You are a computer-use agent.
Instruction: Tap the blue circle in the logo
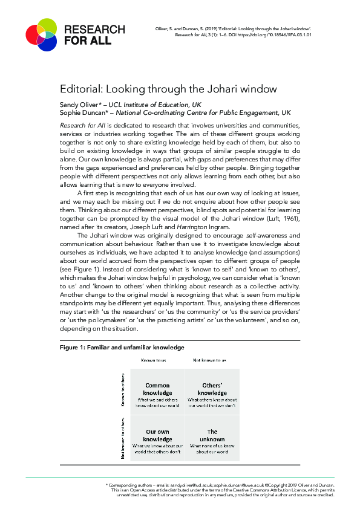[x=47, y=41]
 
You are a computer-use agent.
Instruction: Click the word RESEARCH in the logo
[x=94, y=30]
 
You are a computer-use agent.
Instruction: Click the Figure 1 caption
[x=122, y=348]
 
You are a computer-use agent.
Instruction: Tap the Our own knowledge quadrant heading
[x=157, y=435]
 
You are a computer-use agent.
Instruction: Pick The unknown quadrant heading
[x=212, y=435]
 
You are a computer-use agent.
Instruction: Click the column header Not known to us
[x=209, y=360]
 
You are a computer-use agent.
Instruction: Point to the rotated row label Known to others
[x=123, y=390]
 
